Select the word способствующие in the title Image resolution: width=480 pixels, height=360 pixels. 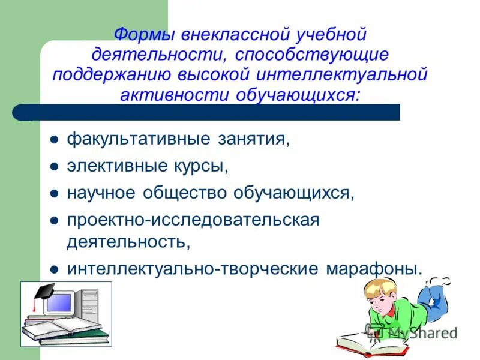312,55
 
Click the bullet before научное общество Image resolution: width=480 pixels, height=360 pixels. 53,193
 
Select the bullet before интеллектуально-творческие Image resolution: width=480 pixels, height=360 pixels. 53,269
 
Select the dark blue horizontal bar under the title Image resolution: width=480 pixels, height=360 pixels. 210,112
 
